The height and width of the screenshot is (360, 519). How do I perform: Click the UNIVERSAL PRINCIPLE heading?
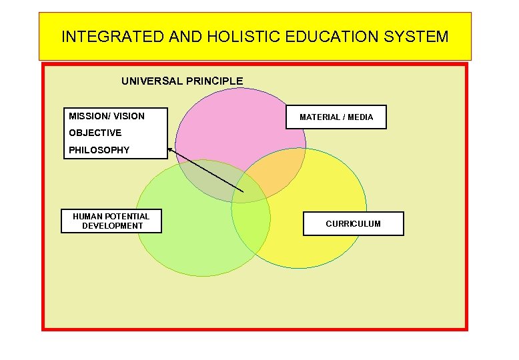[182, 81]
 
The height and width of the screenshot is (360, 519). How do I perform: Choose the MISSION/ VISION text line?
[107, 116]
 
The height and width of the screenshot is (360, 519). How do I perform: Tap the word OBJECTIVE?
[95, 133]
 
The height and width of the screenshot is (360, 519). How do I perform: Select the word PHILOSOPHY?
[99, 150]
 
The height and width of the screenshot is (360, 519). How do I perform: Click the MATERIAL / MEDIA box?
[336, 117]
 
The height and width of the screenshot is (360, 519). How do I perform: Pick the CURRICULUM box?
[353, 224]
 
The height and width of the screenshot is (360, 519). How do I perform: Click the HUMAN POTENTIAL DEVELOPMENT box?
[111, 221]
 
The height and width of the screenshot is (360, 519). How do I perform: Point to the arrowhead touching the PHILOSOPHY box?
[171, 151]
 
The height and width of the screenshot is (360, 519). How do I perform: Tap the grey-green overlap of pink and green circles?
[207, 180]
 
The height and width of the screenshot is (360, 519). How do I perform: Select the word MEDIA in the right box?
[360, 117]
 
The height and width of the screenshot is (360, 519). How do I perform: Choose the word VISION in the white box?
[129, 116]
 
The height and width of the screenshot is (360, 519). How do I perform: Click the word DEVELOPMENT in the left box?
[112, 226]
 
